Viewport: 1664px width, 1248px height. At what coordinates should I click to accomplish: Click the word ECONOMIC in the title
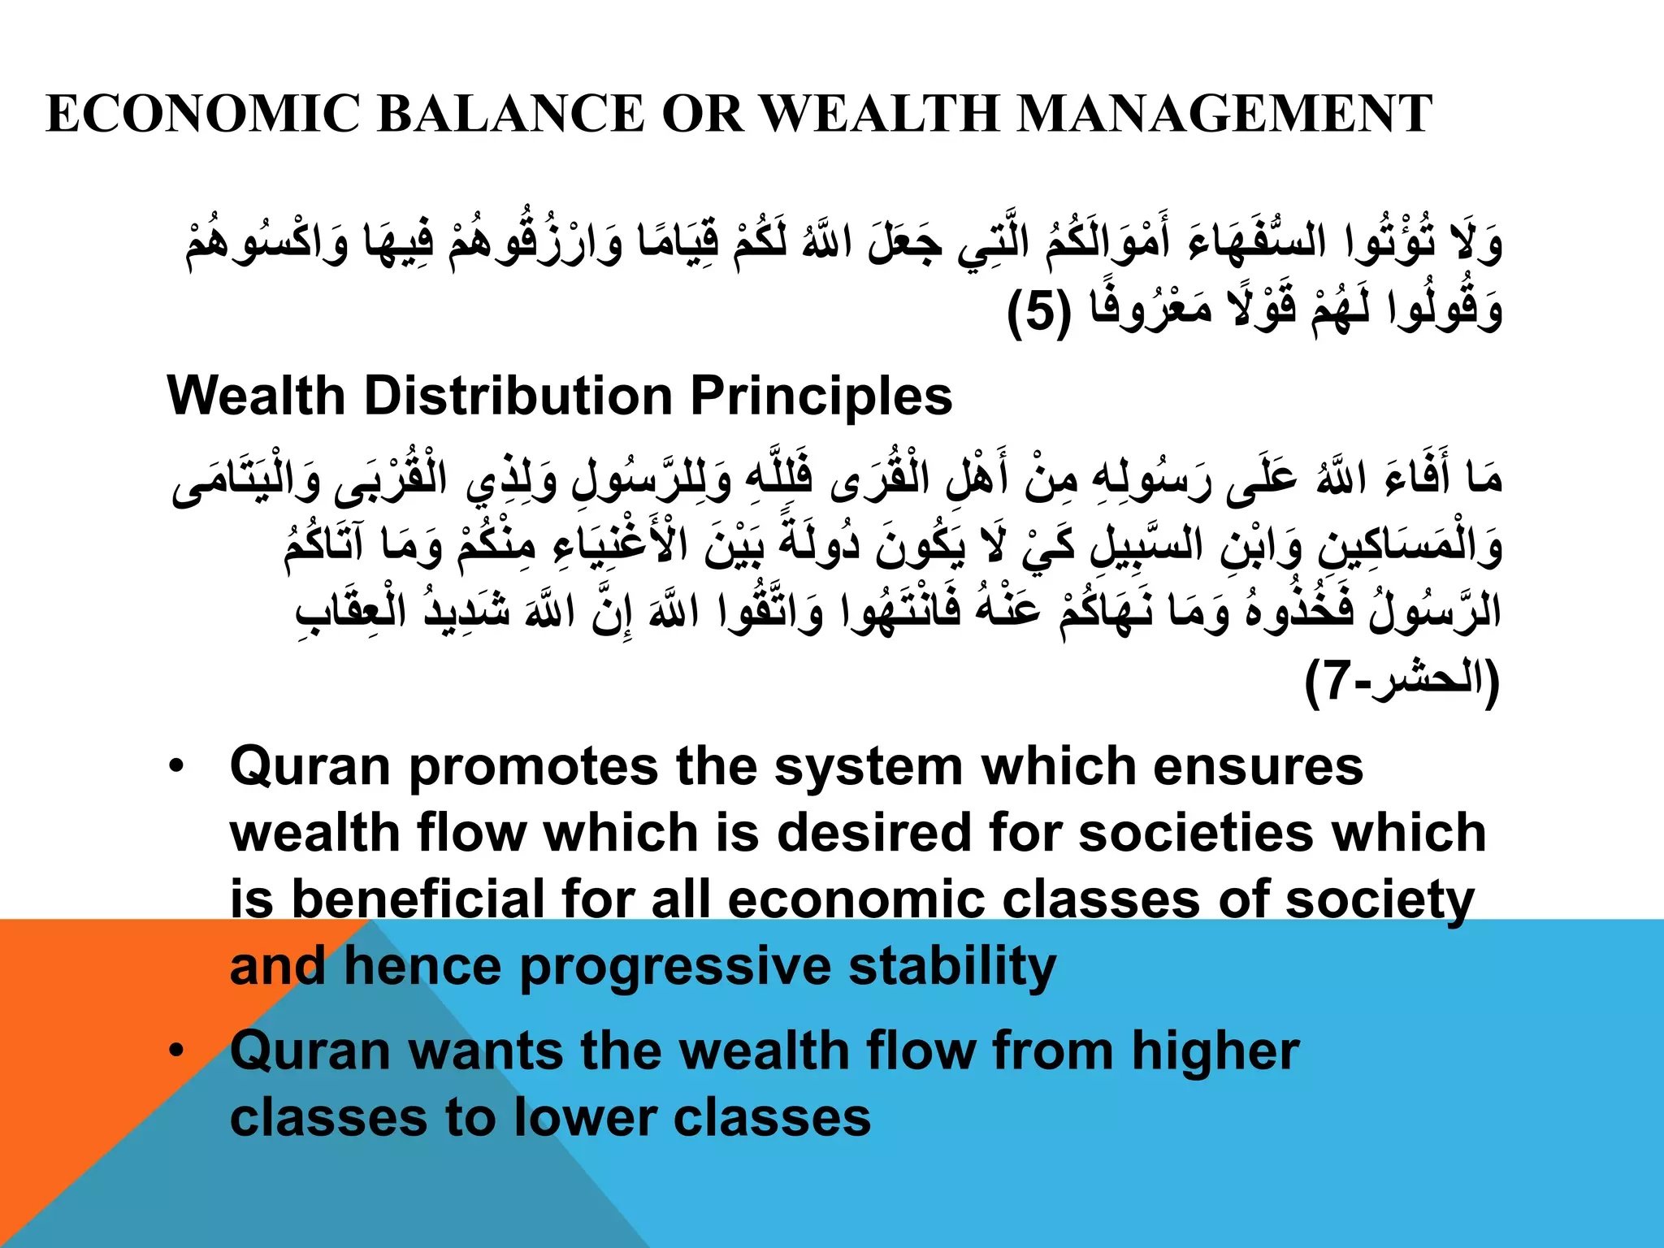203,114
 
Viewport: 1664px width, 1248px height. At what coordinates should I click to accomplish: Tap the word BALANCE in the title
510,114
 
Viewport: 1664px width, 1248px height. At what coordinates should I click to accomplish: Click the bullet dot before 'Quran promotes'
175,767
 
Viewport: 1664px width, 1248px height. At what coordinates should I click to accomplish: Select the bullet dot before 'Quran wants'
175,1051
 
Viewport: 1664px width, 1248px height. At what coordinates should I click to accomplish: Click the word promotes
533,767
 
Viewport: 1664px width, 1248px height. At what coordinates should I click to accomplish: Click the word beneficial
417,900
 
